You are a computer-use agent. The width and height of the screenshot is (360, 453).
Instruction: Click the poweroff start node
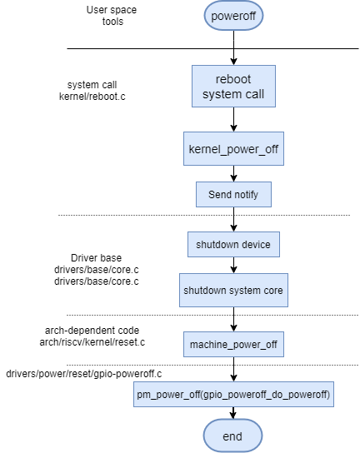(233, 16)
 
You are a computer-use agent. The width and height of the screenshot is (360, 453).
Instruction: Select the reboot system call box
(233, 86)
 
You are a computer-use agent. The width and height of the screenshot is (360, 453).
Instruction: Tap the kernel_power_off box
(233, 149)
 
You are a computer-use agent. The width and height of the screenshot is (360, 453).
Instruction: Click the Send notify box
(233, 194)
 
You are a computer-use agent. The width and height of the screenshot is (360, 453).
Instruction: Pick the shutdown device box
(233, 245)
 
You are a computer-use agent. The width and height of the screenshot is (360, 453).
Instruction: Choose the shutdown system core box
(233, 290)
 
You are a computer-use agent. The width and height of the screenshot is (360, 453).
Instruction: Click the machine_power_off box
(233, 345)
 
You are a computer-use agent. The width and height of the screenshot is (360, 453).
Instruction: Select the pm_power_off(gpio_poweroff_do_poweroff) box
(233, 395)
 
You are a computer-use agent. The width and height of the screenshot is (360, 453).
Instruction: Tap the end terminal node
(232, 436)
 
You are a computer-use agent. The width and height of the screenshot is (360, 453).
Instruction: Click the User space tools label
(112, 16)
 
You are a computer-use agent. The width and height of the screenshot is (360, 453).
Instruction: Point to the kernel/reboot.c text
(92, 97)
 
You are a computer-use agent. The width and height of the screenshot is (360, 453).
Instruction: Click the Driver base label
(97, 257)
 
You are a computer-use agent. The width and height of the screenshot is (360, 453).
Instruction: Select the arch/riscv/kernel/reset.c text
(92, 342)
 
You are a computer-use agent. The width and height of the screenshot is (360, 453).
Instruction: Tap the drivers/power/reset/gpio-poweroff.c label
(84, 374)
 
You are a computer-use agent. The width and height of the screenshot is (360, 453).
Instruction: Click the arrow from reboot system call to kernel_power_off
(233, 119)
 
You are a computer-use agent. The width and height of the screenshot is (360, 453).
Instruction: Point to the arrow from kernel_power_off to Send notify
(233, 174)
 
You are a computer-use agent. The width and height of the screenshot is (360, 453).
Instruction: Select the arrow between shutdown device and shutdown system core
(233, 265)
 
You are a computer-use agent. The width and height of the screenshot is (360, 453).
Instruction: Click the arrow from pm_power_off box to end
(233, 413)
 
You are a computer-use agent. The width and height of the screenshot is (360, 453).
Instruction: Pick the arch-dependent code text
(92, 331)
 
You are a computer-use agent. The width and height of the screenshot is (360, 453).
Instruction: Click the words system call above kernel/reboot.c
(92, 85)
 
